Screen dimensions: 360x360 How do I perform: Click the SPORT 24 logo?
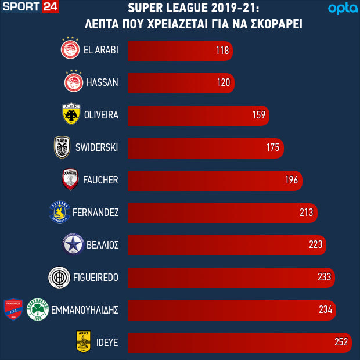(x=31, y=8)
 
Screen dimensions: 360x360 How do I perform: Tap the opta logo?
(x=340, y=9)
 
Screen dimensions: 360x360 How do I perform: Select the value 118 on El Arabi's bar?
(x=222, y=51)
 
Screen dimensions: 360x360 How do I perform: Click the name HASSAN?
(x=102, y=82)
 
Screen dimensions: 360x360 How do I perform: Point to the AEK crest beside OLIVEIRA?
(x=71, y=114)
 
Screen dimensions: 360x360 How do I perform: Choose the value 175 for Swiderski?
(x=273, y=147)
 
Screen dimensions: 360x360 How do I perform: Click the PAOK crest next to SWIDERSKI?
(x=62, y=147)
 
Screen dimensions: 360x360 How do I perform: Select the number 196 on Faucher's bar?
(x=291, y=180)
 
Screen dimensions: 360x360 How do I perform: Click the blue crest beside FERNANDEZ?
(x=60, y=213)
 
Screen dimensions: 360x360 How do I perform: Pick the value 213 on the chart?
(x=307, y=213)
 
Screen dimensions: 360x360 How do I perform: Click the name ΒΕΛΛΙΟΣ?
(x=103, y=245)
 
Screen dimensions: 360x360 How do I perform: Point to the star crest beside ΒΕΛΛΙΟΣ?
(x=73, y=245)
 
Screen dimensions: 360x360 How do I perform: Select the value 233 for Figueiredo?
(x=324, y=278)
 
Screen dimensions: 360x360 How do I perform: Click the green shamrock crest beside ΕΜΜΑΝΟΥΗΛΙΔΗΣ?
(x=38, y=309)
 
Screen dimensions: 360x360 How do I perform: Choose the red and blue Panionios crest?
(x=13, y=309)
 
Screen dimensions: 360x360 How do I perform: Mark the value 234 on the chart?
(x=326, y=310)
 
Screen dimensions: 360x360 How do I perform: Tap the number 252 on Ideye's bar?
(x=341, y=343)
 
